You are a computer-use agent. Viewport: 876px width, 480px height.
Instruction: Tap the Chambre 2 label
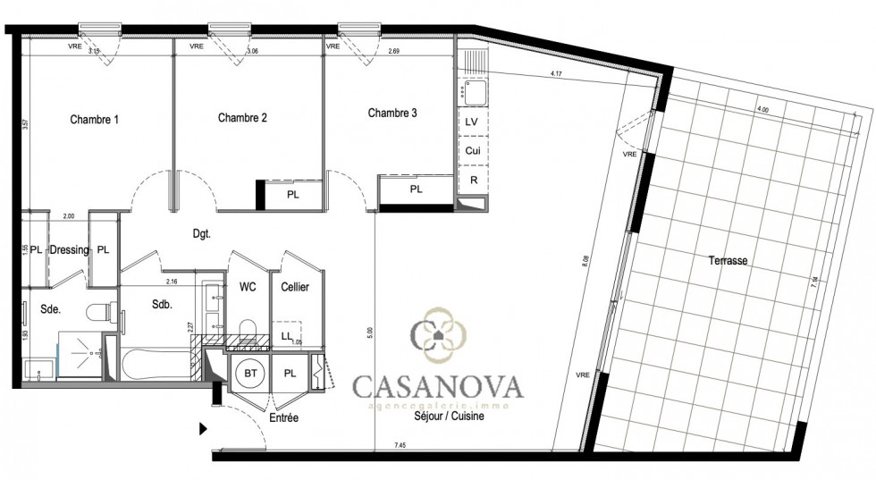pos(242,117)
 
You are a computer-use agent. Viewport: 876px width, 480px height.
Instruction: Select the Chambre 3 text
pos(392,114)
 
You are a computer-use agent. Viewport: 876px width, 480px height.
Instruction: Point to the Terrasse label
pos(725,262)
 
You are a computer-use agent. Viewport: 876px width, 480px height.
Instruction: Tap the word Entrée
pos(283,418)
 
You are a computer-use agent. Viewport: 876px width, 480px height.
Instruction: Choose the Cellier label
pos(295,287)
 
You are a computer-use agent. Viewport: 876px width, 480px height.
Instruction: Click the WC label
pos(248,287)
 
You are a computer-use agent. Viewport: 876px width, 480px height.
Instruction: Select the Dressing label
pos(69,250)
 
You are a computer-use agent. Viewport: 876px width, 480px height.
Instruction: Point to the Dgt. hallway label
pos(201,234)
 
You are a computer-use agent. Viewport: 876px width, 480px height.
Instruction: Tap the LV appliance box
pos(472,121)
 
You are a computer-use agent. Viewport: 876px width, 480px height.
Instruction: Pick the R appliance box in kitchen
pos(472,180)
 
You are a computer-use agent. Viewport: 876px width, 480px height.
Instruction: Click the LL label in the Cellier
pos(286,336)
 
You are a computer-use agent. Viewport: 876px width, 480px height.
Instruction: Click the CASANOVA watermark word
pos(438,386)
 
